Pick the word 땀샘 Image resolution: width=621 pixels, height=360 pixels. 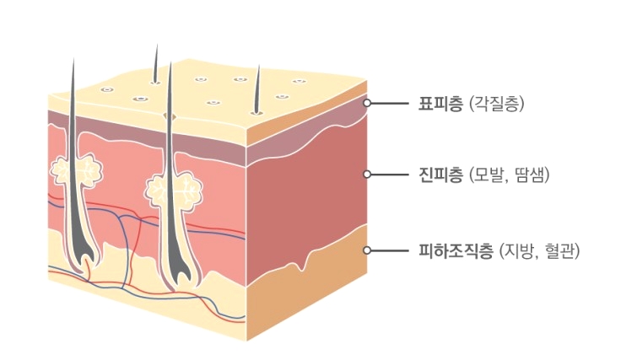(530, 175)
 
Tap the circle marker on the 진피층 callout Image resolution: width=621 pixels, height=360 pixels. (367, 175)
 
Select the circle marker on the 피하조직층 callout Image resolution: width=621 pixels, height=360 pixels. (367, 250)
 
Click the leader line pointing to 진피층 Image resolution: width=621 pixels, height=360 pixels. (391, 175)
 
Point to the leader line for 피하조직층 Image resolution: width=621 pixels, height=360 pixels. (391, 250)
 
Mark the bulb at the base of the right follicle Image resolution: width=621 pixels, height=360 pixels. (179, 270)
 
